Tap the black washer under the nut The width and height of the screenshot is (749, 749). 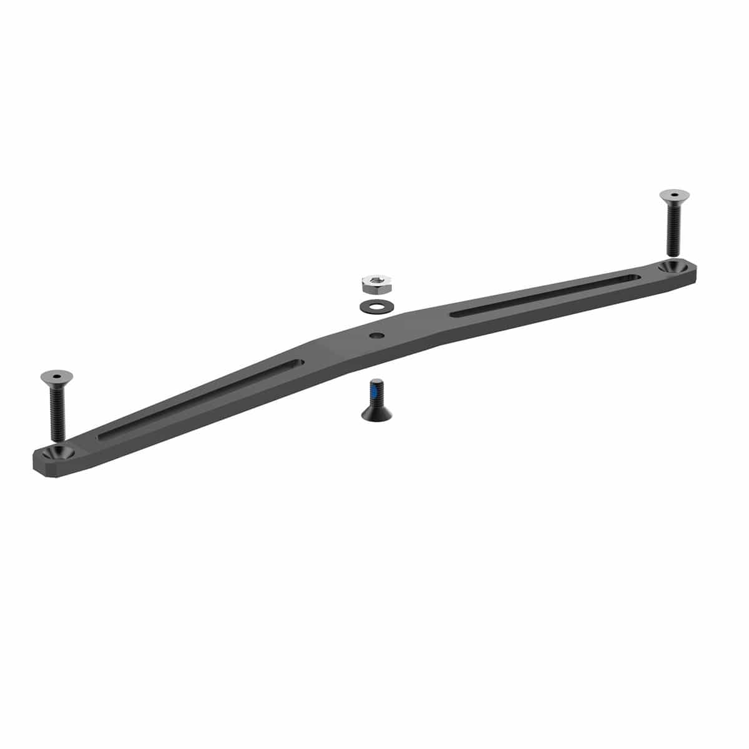pyautogui.click(x=373, y=306)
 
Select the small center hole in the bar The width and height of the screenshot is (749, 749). pyautogui.click(x=376, y=336)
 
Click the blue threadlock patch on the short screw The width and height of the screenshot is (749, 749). pyautogui.click(x=375, y=393)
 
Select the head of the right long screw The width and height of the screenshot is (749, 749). pyautogui.click(x=674, y=196)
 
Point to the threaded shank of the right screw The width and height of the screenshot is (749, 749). pyautogui.click(x=673, y=231)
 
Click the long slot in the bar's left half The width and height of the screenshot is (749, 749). pyautogui.click(x=200, y=399)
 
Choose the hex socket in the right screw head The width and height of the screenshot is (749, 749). pyautogui.click(x=675, y=194)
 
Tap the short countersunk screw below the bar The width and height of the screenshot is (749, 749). pyautogui.click(x=376, y=401)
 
